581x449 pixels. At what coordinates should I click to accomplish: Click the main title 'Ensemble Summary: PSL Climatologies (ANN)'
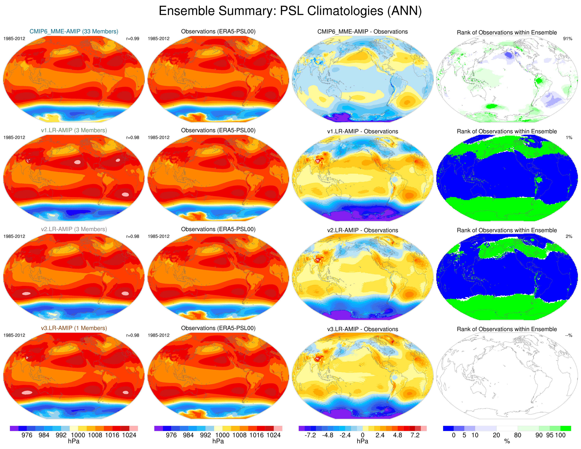[290, 11]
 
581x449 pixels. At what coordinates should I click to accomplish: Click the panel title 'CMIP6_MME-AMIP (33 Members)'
[74, 31]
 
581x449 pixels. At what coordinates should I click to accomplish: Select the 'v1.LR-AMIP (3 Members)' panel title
[74, 130]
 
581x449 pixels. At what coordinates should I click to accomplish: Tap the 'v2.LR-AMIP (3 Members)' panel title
[74, 229]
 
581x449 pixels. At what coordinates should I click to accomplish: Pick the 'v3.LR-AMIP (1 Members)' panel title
[74, 328]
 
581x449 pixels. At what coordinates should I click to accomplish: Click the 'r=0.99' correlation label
[132, 38]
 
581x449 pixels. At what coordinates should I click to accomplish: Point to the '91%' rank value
[567, 38]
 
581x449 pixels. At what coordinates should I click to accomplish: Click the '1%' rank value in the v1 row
[569, 138]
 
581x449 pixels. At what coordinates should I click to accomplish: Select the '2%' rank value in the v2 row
[569, 236]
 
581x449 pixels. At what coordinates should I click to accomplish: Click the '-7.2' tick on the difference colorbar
[310, 435]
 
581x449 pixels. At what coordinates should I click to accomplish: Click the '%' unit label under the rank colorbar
[507, 441]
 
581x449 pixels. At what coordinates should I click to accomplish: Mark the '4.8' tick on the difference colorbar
[397, 435]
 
